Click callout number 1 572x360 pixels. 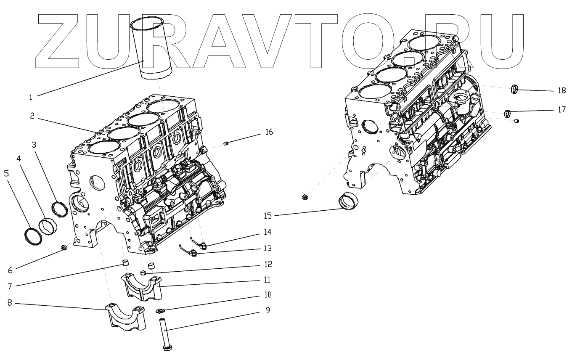coord(31,97)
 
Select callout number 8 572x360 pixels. coord(9,303)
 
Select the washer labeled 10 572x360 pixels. coord(161,311)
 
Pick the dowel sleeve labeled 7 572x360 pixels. coord(124,264)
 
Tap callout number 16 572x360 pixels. coord(269,132)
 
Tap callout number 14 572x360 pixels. coord(268,232)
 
